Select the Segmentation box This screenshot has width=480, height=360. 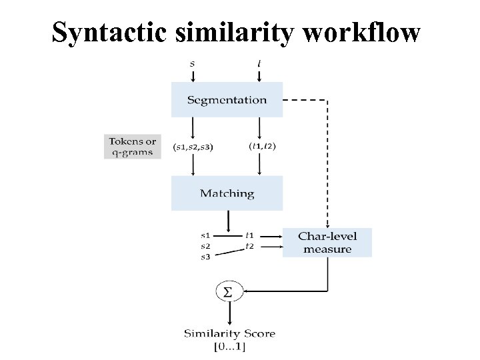point(227,100)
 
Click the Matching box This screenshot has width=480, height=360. point(227,193)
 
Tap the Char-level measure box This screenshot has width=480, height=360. point(327,243)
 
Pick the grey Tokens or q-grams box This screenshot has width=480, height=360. point(133,147)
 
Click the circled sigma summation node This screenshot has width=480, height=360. point(228,292)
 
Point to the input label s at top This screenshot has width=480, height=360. point(193,63)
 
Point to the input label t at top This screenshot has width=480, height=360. point(259,63)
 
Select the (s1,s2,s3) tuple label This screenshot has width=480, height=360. point(193,147)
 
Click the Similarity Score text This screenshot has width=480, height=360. point(229,333)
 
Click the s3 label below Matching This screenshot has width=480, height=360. point(206,256)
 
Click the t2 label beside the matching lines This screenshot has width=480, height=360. point(249,246)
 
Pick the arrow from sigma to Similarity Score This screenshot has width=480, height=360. point(228,313)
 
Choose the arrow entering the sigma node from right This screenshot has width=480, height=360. point(280,291)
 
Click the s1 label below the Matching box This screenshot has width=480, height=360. point(206,235)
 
